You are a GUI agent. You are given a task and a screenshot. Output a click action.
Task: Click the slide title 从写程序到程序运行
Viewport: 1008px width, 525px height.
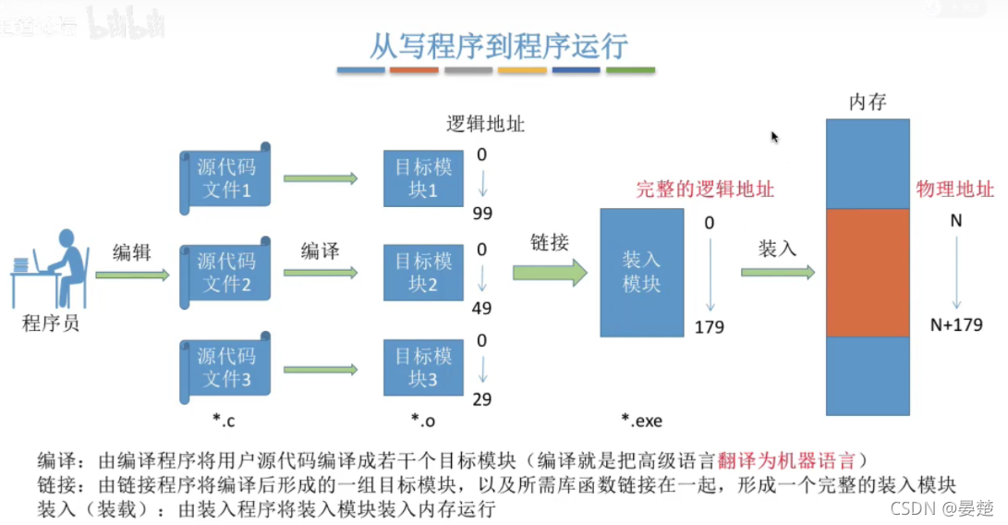tap(498, 44)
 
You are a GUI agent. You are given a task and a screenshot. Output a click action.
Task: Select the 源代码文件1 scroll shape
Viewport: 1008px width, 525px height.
tap(225, 179)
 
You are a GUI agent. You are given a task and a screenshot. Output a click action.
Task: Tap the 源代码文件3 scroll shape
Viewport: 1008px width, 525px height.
tap(225, 367)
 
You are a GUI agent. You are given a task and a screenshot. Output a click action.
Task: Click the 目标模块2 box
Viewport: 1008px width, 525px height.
tap(423, 273)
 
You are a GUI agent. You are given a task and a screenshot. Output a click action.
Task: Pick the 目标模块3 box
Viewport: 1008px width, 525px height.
tap(423, 367)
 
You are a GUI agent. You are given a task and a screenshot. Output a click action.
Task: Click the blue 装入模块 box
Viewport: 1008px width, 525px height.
tap(641, 273)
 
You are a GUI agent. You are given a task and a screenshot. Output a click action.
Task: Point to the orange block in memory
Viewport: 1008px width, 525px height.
tap(868, 273)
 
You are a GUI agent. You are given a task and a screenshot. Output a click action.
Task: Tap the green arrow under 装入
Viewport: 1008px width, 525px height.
tap(777, 273)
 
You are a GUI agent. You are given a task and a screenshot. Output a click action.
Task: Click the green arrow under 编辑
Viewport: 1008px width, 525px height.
tap(132, 275)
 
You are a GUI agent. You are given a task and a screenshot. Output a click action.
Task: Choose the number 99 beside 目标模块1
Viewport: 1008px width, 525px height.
tap(481, 214)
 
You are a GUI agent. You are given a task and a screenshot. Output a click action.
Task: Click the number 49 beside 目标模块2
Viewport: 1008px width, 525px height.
tap(481, 308)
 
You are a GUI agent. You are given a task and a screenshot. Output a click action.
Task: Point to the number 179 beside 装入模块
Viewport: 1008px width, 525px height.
tap(710, 327)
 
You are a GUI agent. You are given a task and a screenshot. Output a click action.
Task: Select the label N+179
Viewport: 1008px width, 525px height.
tap(956, 324)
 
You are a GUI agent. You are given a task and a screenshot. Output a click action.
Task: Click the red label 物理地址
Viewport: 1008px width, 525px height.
tap(954, 189)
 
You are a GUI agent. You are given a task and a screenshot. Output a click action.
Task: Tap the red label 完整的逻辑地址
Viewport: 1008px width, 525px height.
tap(705, 189)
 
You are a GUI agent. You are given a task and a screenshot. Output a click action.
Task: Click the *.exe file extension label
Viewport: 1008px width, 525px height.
tap(641, 421)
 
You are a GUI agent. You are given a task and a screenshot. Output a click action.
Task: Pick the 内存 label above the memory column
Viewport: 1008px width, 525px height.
tap(868, 103)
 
